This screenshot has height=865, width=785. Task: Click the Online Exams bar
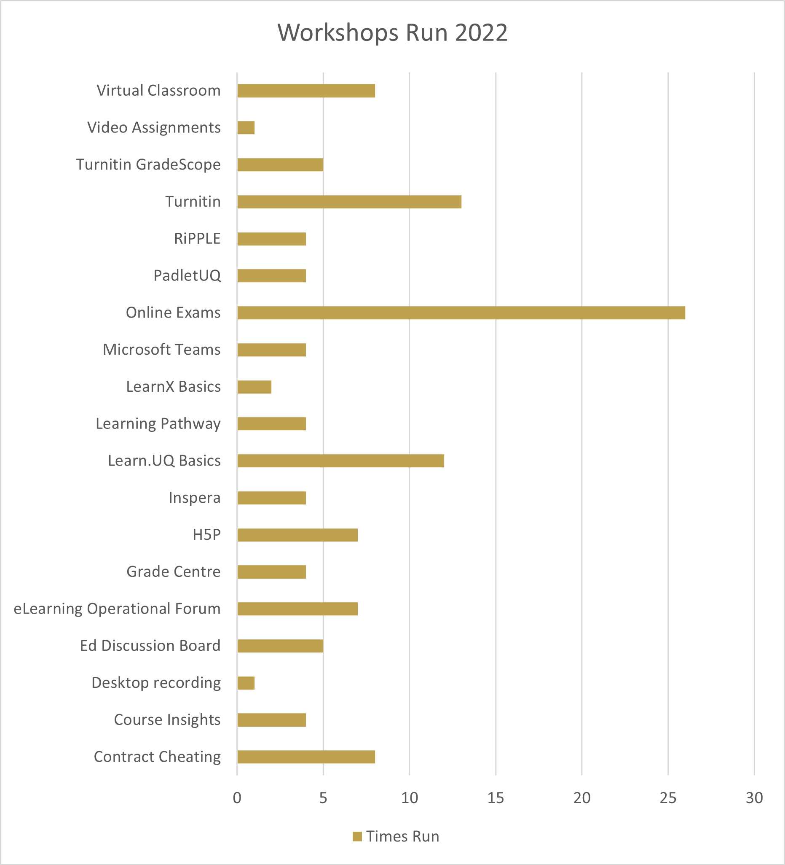tap(461, 313)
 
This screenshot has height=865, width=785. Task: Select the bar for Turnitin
tap(349, 202)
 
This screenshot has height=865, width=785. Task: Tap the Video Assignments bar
tap(246, 128)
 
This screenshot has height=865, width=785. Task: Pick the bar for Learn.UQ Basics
tap(340, 461)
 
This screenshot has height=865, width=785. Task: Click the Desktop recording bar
tap(246, 683)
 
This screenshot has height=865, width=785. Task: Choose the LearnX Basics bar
tap(254, 387)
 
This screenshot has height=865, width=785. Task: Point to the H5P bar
tap(297, 535)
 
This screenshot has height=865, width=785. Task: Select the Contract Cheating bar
tap(305, 757)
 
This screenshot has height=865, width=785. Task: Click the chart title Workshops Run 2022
tap(392, 32)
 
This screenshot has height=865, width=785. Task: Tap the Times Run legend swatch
tap(357, 836)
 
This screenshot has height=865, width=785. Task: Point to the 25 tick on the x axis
tap(667, 798)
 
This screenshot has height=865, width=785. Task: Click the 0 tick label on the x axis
tap(237, 798)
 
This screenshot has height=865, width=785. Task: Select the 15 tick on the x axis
tap(496, 798)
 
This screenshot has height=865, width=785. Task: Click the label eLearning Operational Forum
tap(117, 609)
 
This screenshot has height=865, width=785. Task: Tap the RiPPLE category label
tap(197, 239)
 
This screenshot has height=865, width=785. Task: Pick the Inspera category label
tap(195, 498)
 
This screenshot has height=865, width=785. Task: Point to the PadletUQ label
tap(188, 275)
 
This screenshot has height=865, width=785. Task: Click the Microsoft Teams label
tap(162, 350)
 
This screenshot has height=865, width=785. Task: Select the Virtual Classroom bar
tap(305, 91)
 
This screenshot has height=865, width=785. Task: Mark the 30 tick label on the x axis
tap(754, 798)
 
